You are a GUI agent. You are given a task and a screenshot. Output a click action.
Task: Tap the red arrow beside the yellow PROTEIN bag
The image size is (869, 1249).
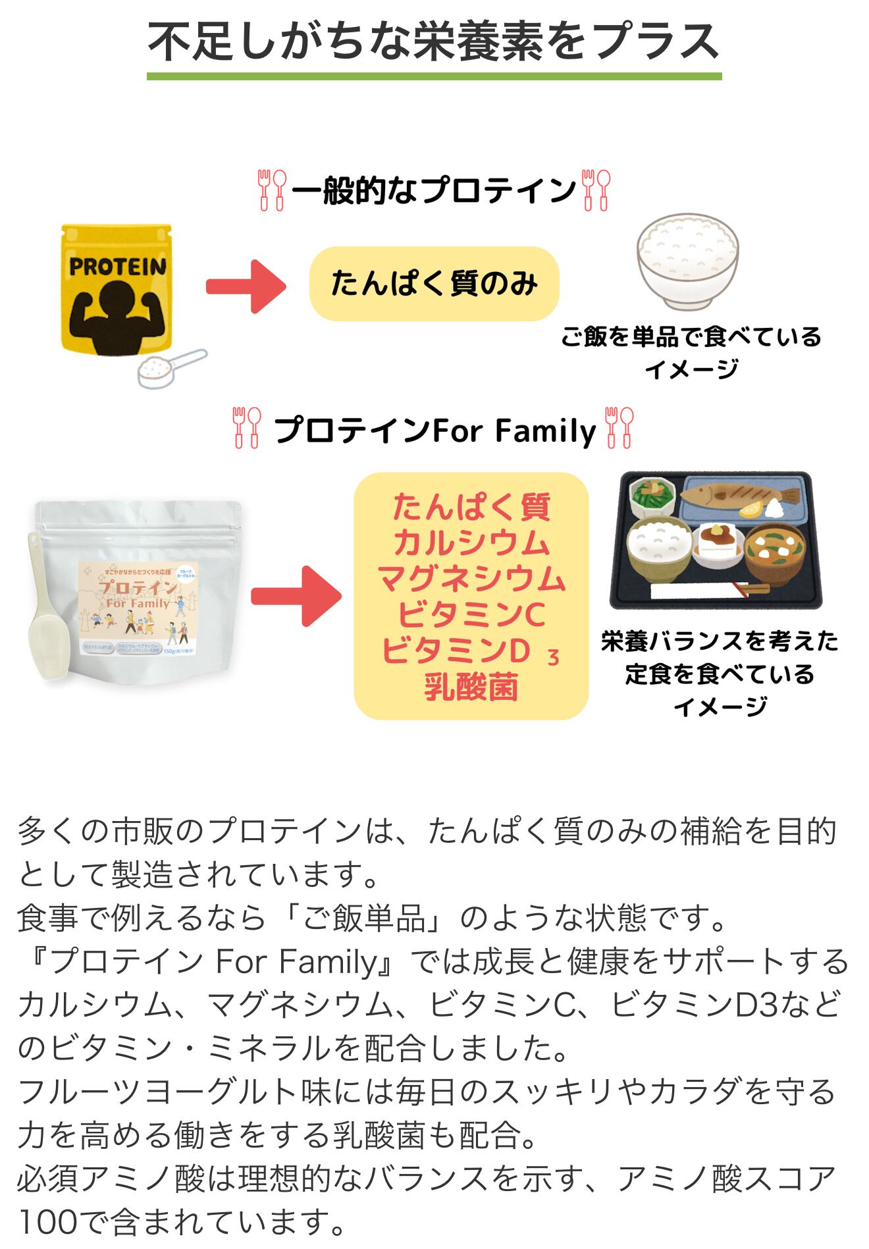[246, 286]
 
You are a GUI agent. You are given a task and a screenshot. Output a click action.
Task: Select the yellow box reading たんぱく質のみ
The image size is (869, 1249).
[434, 284]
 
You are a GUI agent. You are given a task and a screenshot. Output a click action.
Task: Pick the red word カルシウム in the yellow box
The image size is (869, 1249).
[471, 543]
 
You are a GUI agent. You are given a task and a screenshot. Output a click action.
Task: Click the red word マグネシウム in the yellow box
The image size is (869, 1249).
[471, 579]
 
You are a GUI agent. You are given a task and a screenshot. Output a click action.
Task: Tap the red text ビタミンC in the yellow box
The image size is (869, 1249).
[471, 615]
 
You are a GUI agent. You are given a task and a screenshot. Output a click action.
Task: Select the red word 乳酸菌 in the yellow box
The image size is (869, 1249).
[471, 687]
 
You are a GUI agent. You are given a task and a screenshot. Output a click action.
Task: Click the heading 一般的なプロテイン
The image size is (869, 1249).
[434, 191]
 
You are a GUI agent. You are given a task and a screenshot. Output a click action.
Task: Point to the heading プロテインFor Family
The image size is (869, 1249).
[434, 431]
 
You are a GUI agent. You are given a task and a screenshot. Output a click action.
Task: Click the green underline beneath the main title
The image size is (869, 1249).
[434, 76]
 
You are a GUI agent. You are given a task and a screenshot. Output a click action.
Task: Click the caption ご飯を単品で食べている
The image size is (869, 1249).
[691, 337]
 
